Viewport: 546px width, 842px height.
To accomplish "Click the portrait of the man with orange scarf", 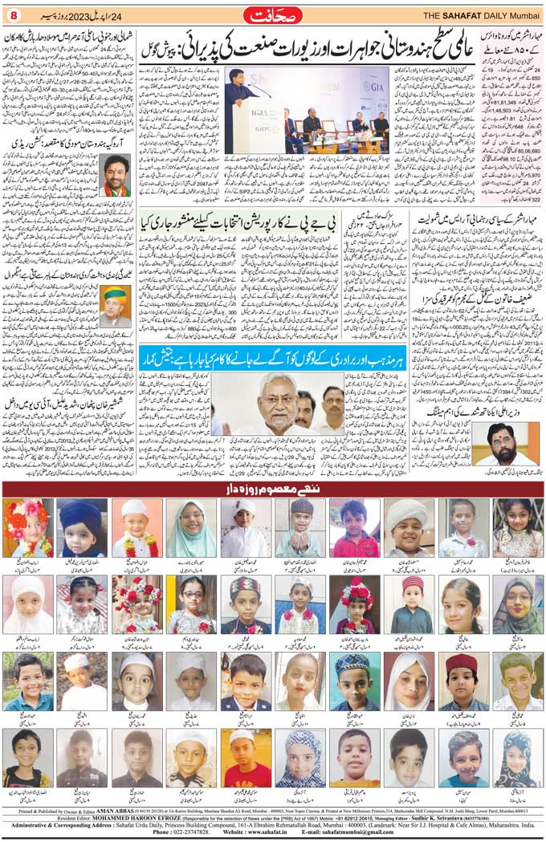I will click(x=116, y=175).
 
